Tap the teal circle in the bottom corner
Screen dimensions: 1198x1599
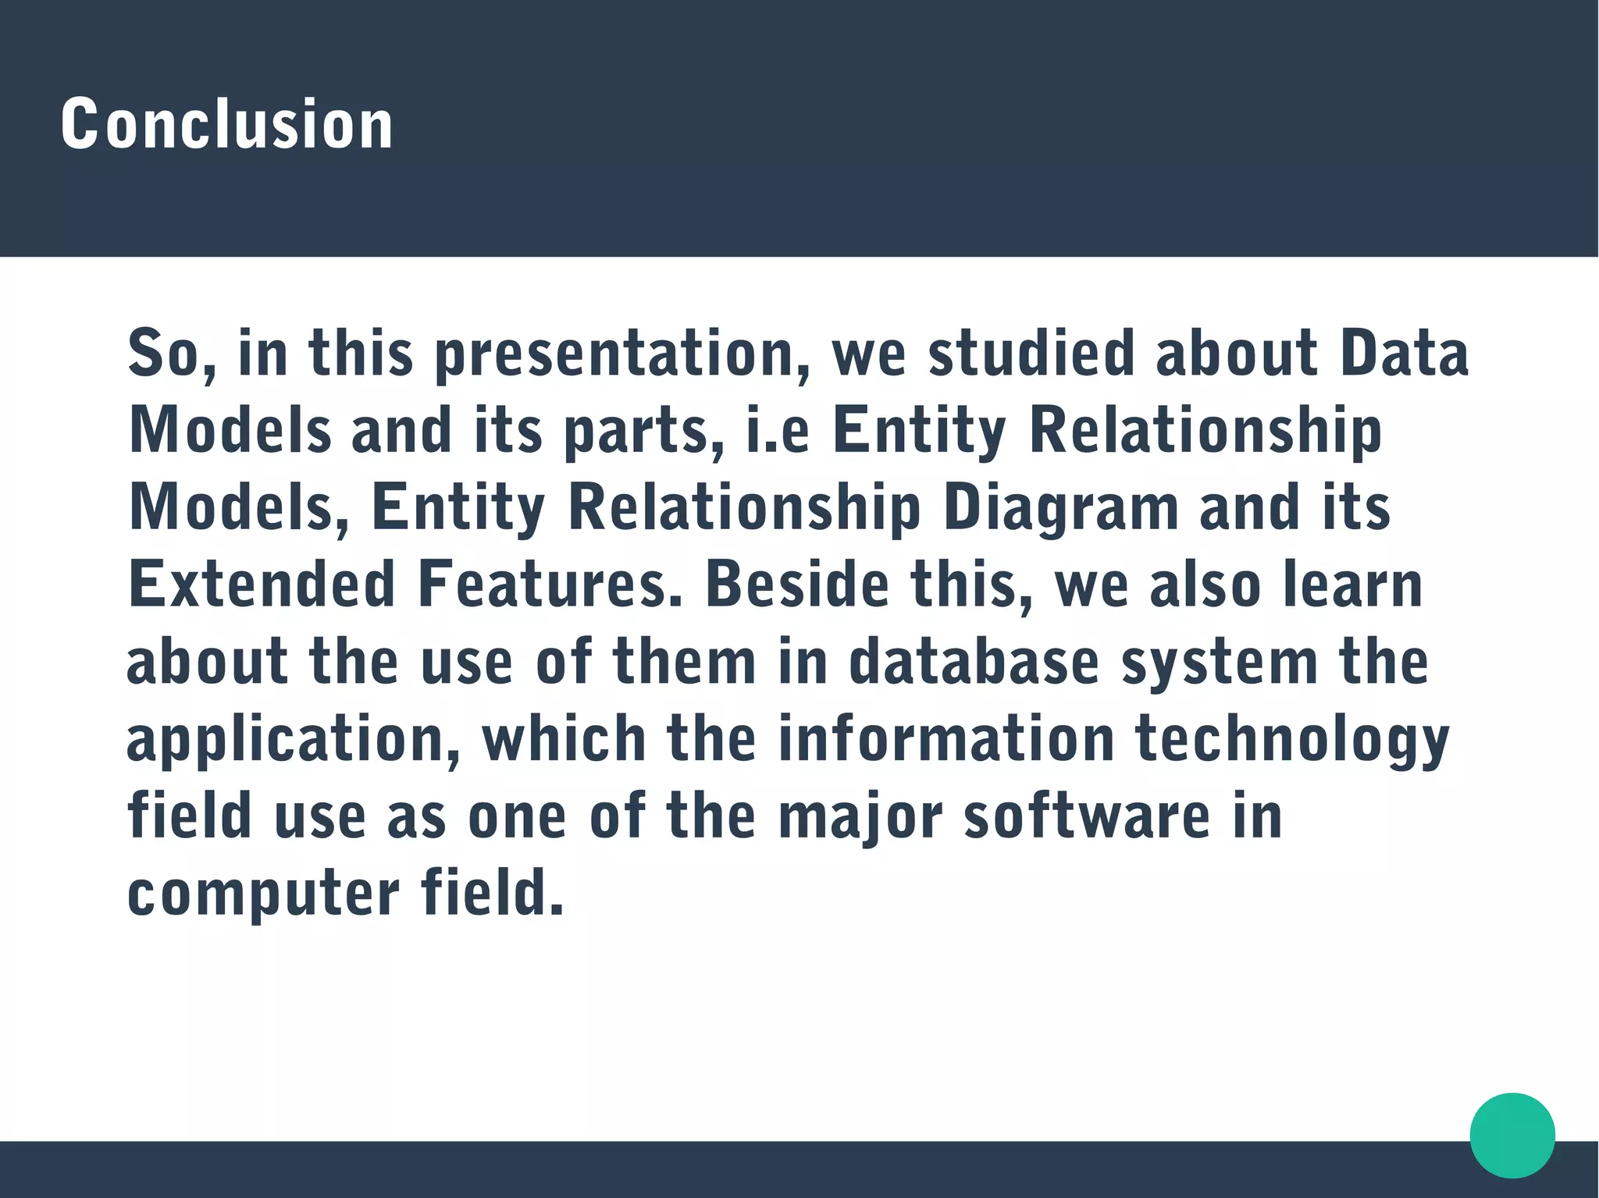coord(1512,1135)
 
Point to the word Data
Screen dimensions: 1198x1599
coord(1405,352)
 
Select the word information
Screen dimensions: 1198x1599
coord(946,738)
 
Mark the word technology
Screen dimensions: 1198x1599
coord(1292,740)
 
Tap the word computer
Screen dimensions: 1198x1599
coord(264,894)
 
